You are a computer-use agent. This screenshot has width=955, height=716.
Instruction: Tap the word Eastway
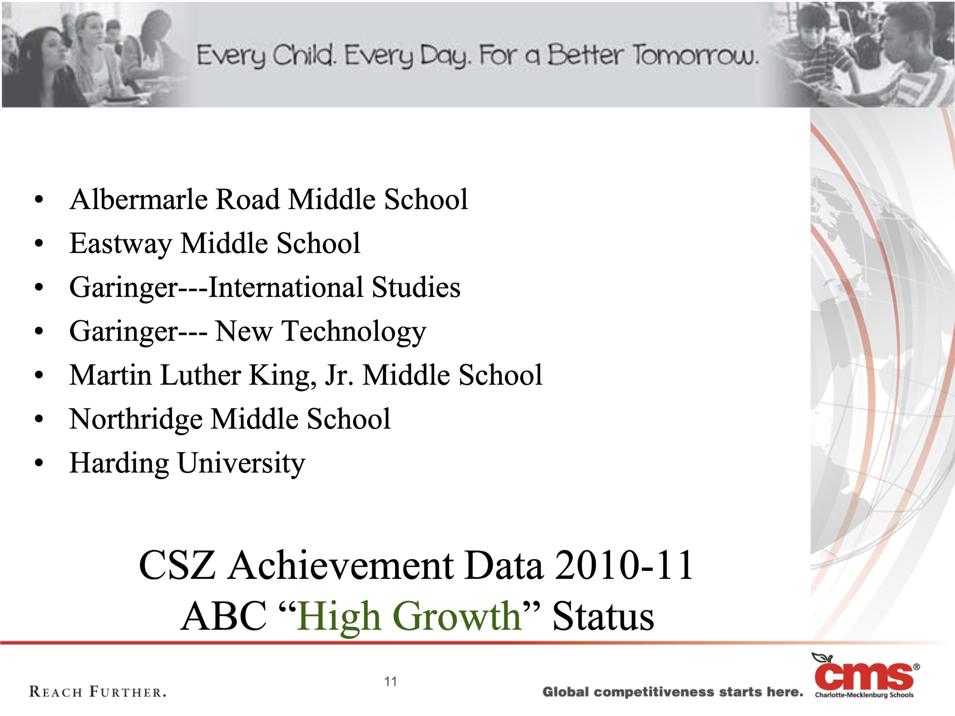click(120, 244)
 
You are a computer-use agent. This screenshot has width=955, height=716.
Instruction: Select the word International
click(286, 288)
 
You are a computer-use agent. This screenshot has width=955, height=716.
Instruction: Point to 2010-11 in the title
click(623, 565)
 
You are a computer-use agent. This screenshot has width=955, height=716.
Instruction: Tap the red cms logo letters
click(864, 677)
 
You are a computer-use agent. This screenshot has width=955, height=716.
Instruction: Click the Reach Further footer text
click(98, 692)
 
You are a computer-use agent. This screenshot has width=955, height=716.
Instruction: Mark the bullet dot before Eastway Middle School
click(39, 244)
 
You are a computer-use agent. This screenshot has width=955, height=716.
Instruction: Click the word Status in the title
click(603, 616)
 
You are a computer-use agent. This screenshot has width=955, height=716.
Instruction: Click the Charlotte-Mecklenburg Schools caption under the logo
click(864, 695)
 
